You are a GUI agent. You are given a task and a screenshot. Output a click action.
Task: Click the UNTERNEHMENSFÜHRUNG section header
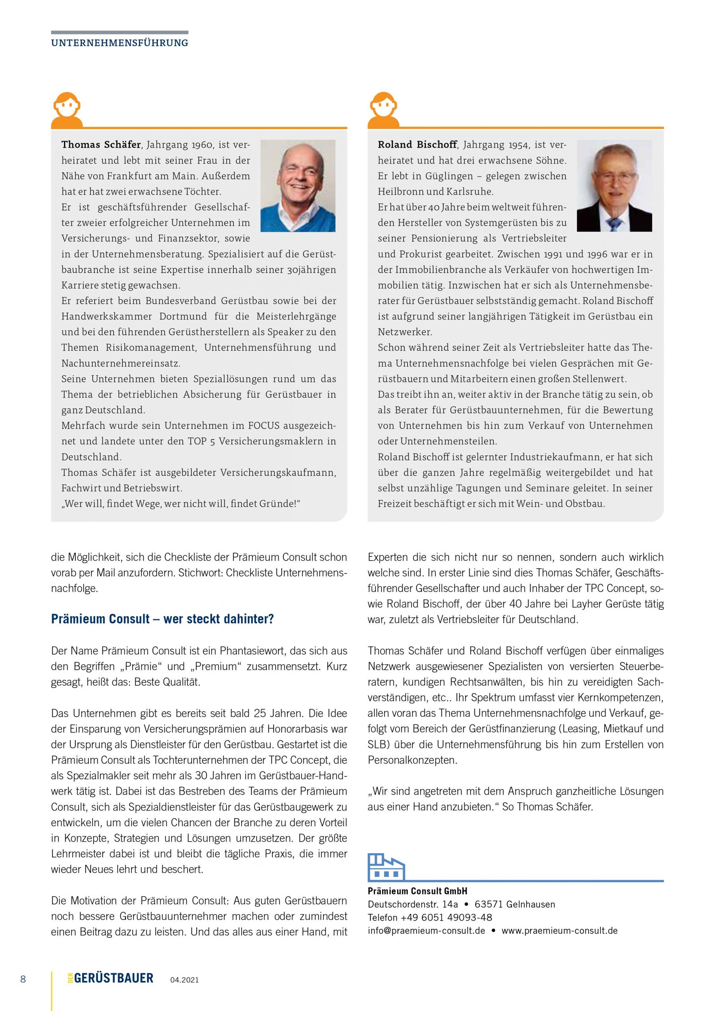tap(119, 43)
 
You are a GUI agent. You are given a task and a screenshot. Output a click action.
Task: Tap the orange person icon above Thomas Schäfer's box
tap(67, 110)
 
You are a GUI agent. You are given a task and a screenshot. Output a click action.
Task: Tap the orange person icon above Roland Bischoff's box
tap(383, 110)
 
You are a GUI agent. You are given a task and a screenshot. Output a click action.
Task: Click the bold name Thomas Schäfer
tap(101, 145)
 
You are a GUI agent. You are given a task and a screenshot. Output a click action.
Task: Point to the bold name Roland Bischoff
tap(417, 145)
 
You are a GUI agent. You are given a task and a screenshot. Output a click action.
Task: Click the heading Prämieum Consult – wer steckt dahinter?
tap(162, 619)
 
